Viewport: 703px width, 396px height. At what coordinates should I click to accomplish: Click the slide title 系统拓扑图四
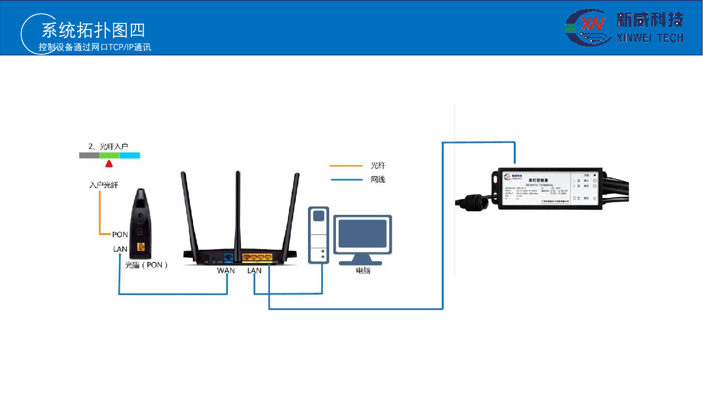(93, 30)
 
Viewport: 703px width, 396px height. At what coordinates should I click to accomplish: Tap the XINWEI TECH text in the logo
(650, 38)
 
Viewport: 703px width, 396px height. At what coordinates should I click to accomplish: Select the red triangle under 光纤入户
(109, 164)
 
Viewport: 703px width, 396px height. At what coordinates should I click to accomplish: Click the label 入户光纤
(103, 185)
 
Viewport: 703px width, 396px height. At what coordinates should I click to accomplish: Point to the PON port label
(120, 234)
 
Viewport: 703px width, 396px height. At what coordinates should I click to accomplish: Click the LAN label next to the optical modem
(120, 249)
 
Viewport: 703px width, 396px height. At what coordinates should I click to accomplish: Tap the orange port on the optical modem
(141, 247)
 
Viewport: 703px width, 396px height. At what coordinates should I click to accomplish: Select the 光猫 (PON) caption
(146, 265)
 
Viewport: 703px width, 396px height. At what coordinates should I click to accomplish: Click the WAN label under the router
(226, 270)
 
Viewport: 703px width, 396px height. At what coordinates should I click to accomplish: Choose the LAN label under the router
(254, 270)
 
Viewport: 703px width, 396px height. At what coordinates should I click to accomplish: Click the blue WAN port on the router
(228, 258)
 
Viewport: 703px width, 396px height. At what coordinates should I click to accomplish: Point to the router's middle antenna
(238, 211)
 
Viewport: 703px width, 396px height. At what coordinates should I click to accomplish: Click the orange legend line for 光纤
(346, 166)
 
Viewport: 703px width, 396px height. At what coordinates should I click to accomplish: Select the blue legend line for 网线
(346, 180)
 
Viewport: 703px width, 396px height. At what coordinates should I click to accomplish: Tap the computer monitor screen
(362, 233)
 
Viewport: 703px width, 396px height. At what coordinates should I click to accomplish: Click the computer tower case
(318, 235)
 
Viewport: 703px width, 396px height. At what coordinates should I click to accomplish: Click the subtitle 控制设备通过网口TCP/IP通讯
(95, 47)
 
